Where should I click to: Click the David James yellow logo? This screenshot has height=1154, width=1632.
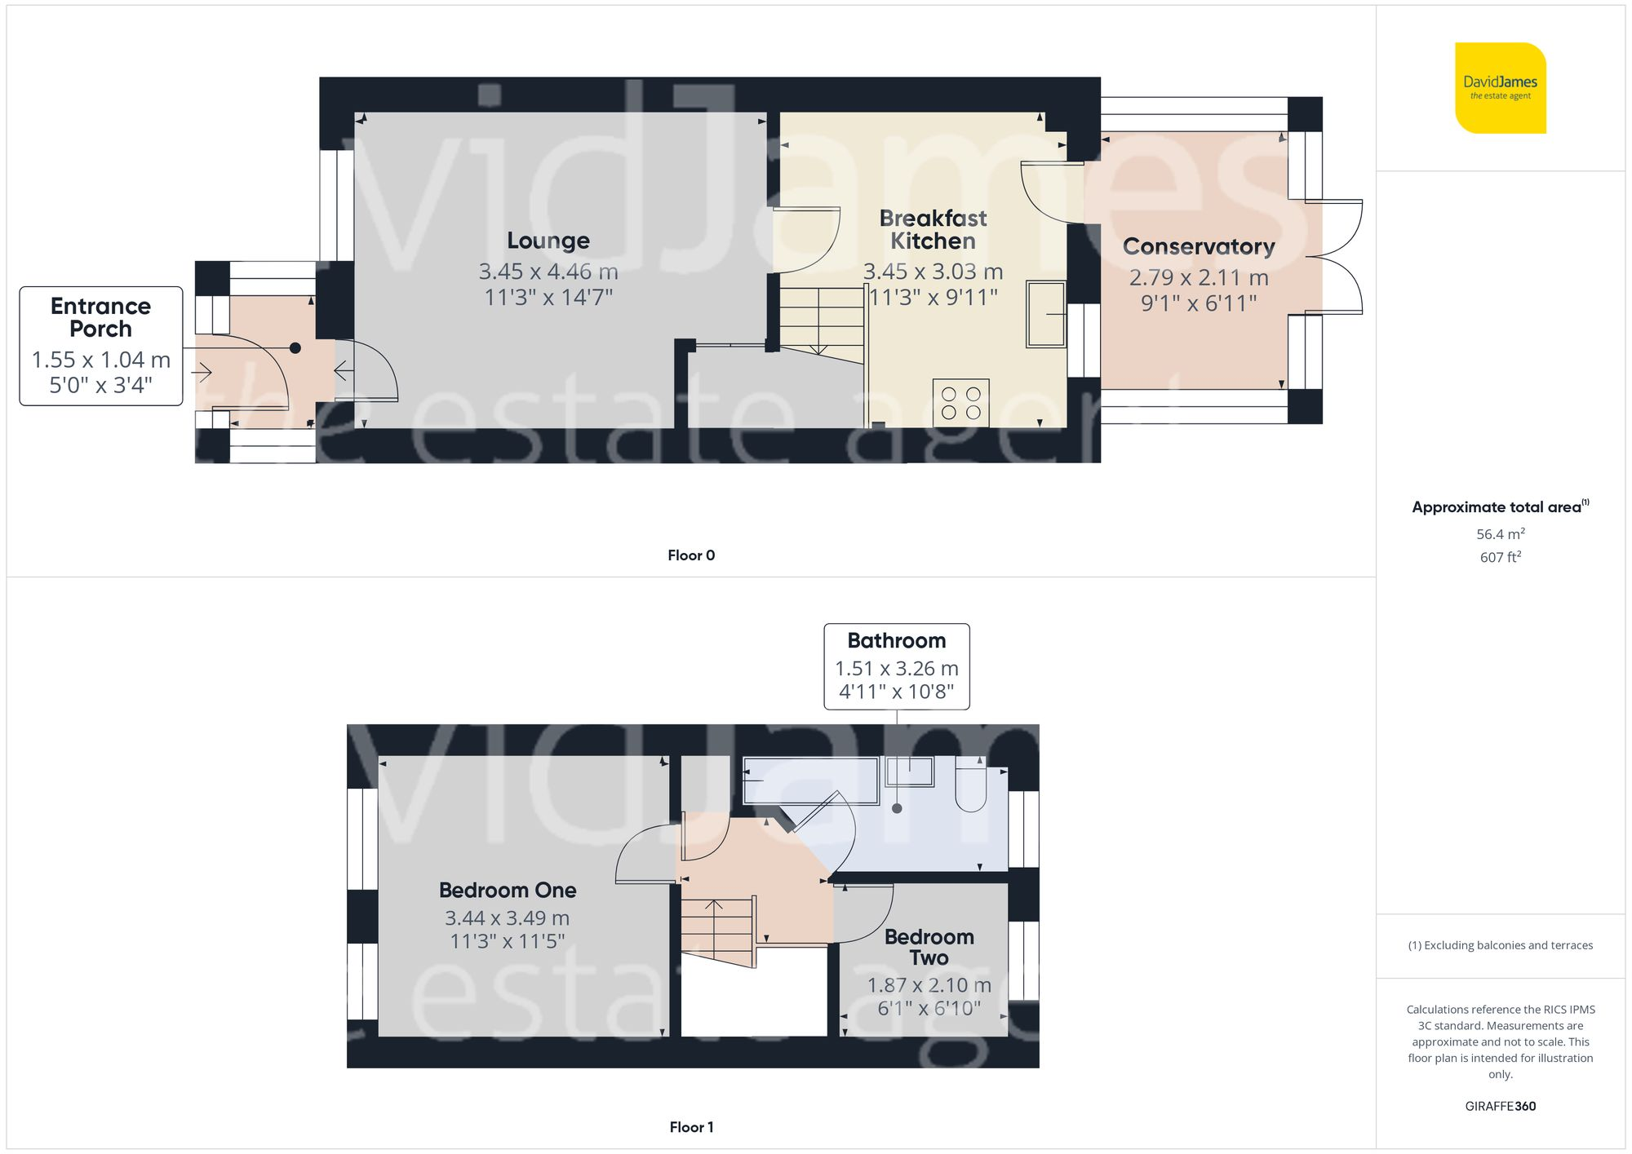pos(1500,88)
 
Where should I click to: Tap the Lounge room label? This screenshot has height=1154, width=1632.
pos(548,241)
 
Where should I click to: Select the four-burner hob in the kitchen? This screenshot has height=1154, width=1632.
pos(960,403)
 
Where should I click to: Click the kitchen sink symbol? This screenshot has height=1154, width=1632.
pos(1045,314)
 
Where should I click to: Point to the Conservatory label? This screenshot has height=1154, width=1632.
pos(1198,246)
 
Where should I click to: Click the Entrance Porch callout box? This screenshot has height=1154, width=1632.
pos(100,346)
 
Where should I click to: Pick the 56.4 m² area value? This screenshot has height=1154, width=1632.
pos(1500,534)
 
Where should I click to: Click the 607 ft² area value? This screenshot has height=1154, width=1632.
pos(1500,557)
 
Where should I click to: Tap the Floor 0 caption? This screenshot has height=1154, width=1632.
pos(690,555)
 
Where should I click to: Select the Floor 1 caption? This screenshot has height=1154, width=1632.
pos(690,1127)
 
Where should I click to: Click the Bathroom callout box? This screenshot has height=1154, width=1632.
pos(896,666)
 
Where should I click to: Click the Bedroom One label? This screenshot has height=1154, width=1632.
pos(508,890)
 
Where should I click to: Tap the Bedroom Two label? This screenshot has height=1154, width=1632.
pos(929,947)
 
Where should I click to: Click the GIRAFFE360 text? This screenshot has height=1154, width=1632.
pos(1500,1106)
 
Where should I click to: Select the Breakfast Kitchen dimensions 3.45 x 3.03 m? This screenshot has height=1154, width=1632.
pos(933,272)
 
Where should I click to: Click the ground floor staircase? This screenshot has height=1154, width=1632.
pos(821,322)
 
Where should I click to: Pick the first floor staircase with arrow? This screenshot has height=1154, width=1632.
pos(717,930)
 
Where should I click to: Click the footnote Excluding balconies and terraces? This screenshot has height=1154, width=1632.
pos(1500,945)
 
